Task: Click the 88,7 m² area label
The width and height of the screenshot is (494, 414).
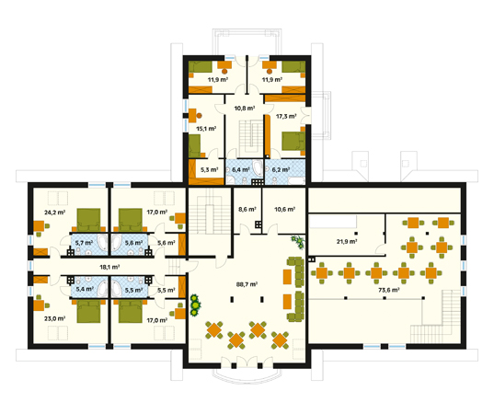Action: tap(247, 284)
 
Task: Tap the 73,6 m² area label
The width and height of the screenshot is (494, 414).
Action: tap(389, 290)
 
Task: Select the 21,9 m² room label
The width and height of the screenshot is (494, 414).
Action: tap(347, 242)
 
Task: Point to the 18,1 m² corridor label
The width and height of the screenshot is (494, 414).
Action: tap(109, 267)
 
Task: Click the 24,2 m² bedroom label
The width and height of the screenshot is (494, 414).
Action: tap(55, 213)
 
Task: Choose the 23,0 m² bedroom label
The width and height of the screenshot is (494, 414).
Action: tap(55, 318)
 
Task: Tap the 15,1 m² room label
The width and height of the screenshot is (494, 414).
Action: tap(206, 129)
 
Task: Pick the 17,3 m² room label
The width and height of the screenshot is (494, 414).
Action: tap(286, 116)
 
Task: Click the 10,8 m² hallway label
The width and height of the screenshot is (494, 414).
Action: tap(245, 108)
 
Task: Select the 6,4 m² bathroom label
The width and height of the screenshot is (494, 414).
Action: tap(241, 170)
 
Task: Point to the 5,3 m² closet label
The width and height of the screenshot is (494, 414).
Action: tap(210, 170)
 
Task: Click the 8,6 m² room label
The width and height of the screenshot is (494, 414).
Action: tap(247, 209)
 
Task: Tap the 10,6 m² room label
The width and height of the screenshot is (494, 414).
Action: tap(284, 209)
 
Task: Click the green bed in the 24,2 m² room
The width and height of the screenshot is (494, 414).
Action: tap(89, 220)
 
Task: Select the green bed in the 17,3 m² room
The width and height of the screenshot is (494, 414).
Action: tap(293, 141)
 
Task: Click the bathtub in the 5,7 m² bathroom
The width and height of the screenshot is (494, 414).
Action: tap(102, 244)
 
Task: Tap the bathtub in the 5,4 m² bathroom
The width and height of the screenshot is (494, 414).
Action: tap(102, 287)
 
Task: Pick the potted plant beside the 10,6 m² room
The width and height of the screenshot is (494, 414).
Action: tap(298, 242)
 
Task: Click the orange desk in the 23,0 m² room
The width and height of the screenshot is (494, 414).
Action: tap(39, 305)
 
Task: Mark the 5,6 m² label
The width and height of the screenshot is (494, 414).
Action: tap(167, 243)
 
